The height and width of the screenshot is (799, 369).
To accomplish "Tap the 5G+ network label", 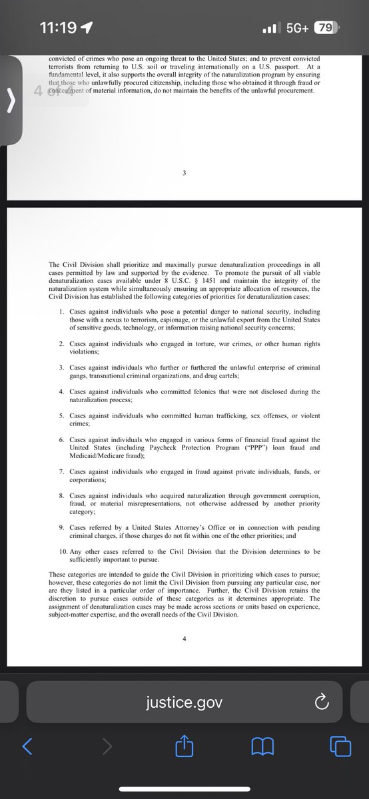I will [x=296, y=28].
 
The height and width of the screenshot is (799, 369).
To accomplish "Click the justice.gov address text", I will [x=184, y=702].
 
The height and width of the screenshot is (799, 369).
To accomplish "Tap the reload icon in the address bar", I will [x=321, y=702].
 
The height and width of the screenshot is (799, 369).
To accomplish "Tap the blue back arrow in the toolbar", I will [x=27, y=746].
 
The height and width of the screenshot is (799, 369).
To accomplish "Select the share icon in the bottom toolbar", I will [x=184, y=746].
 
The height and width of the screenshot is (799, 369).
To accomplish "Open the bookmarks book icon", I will [x=263, y=746].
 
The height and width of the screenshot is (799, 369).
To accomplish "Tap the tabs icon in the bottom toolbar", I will [x=340, y=746].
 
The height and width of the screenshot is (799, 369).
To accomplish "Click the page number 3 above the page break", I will [x=184, y=173].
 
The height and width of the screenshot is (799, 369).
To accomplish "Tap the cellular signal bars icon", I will [x=270, y=29].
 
